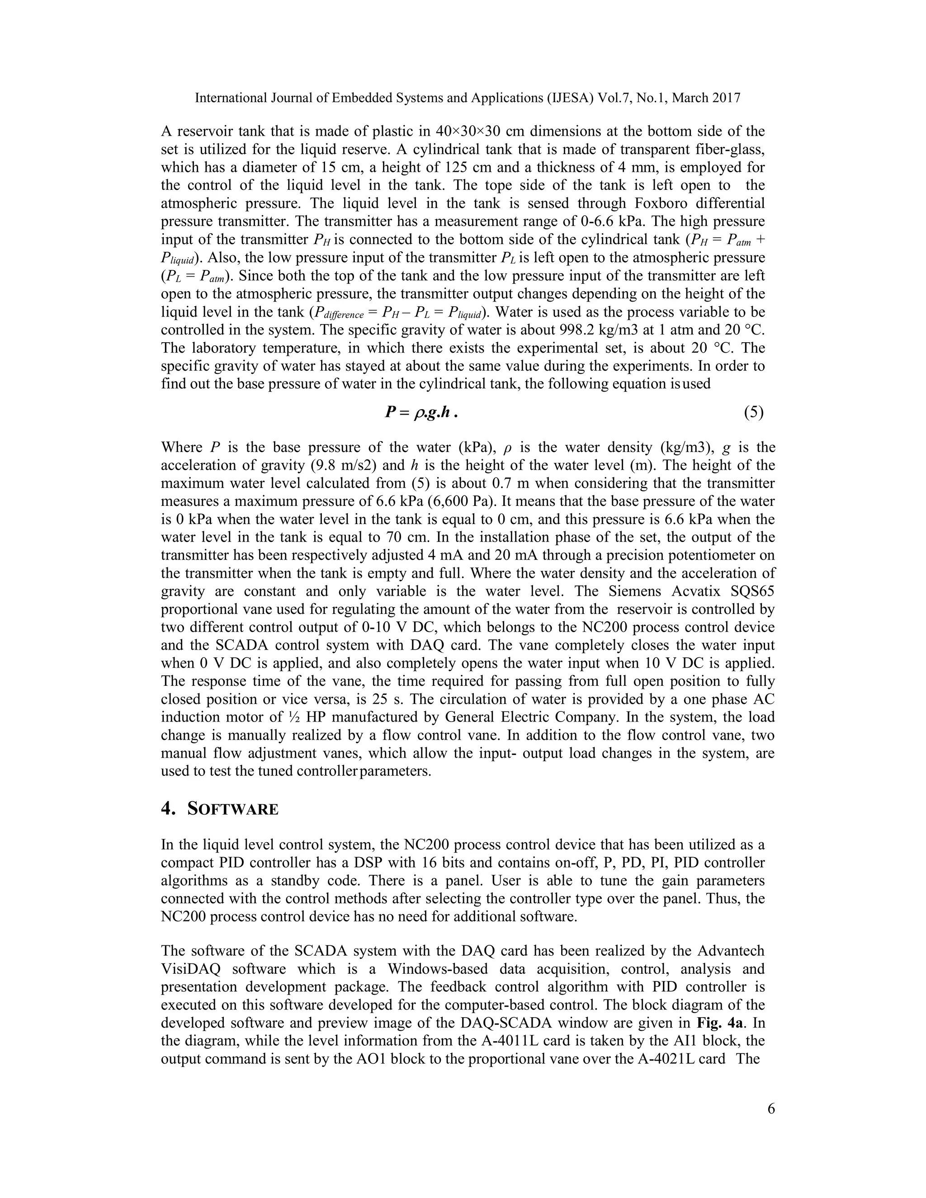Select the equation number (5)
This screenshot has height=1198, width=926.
pyautogui.click(x=754, y=412)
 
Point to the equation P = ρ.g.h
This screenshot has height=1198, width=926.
pyautogui.click(x=421, y=412)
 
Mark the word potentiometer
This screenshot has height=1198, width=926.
pyautogui.click(x=699, y=555)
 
